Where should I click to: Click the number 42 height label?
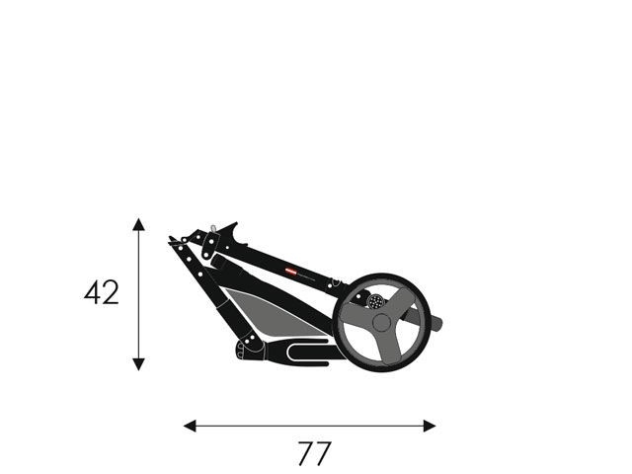102,292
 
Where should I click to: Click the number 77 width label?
314,453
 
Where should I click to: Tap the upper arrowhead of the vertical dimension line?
138,224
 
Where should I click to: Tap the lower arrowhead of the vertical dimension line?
138,364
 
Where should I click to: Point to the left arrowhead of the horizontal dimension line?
190,426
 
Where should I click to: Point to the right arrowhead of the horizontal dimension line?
430,426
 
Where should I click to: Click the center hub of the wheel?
381,323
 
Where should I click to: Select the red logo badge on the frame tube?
291,273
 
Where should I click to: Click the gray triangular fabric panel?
275,313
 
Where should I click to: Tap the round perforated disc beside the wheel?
375,301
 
